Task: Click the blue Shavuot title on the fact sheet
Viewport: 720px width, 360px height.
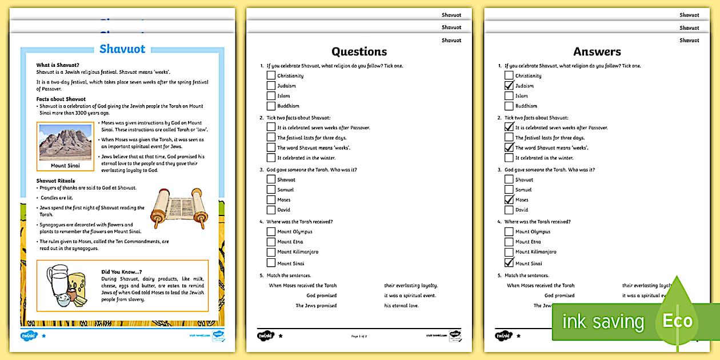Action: tap(122, 49)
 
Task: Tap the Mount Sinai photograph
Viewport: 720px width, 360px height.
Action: tap(65, 143)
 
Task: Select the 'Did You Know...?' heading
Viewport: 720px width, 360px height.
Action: tap(122, 271)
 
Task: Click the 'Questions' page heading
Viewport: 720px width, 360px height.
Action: tap(359, 52)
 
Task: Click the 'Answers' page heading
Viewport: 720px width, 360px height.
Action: tap(597, 52)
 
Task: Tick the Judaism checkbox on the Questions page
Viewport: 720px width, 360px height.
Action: tap(271, 86)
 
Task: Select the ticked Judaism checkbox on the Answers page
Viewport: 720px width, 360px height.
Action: tap(509, 86)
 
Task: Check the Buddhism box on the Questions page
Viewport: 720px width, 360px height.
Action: tap(271, 106)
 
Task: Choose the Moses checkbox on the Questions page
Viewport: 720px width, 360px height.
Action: tap(271, 200)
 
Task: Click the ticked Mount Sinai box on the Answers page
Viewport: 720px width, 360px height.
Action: tap(509, 263)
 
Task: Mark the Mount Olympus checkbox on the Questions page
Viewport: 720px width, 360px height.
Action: tap(271, 231)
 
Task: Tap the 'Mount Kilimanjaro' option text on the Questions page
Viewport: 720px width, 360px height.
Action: tap(298, 252)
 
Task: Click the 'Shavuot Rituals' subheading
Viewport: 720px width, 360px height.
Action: tap(55, 181)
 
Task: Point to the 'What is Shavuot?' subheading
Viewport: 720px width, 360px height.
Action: tap(58, 65)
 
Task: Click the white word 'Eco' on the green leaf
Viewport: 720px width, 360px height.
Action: tap(677, 321)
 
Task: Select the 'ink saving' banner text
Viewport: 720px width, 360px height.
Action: tap(603, 322)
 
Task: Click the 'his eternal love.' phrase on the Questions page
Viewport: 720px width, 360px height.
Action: tap(401, 306)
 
